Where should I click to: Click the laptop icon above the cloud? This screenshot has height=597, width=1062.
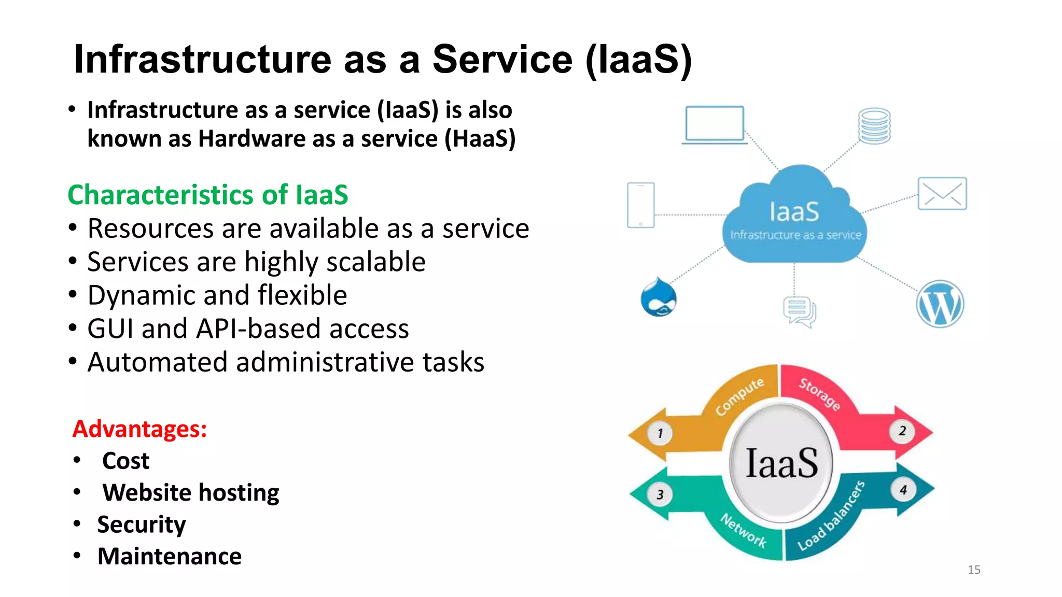(x=714, y=125)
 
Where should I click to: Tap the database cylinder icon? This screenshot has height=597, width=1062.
(x=874, y=126)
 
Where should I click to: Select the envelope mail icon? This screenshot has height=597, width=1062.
(x=942, y=193)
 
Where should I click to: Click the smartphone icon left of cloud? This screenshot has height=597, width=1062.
(x=640, y=205)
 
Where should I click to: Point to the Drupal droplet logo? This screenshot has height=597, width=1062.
(x=659, y=298)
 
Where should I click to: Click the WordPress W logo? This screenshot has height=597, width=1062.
(x=940, y=304)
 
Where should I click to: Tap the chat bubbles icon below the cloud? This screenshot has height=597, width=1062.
(x=799, y=312)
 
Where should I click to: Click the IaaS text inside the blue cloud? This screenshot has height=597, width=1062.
(x=794, y=212)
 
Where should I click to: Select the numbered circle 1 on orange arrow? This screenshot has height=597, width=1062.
(x=660, y=433)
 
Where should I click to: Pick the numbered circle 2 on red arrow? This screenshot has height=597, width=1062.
(x=902, y=431)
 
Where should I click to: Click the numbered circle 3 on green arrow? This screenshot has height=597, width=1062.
(x=660, y=494)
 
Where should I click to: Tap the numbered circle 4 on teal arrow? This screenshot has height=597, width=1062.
(x=903, y=490)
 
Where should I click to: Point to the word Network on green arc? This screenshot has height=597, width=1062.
(x=744, y=530)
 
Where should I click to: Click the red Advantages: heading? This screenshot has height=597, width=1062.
(x=139, y=429)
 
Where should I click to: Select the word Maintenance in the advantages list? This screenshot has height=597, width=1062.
(x=170, y=557)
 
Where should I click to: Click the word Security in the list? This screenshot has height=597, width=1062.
(x=141, y=524)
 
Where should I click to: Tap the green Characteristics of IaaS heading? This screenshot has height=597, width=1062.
(x=207, y=195)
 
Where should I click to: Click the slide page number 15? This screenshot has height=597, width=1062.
(x=973, y=570)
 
